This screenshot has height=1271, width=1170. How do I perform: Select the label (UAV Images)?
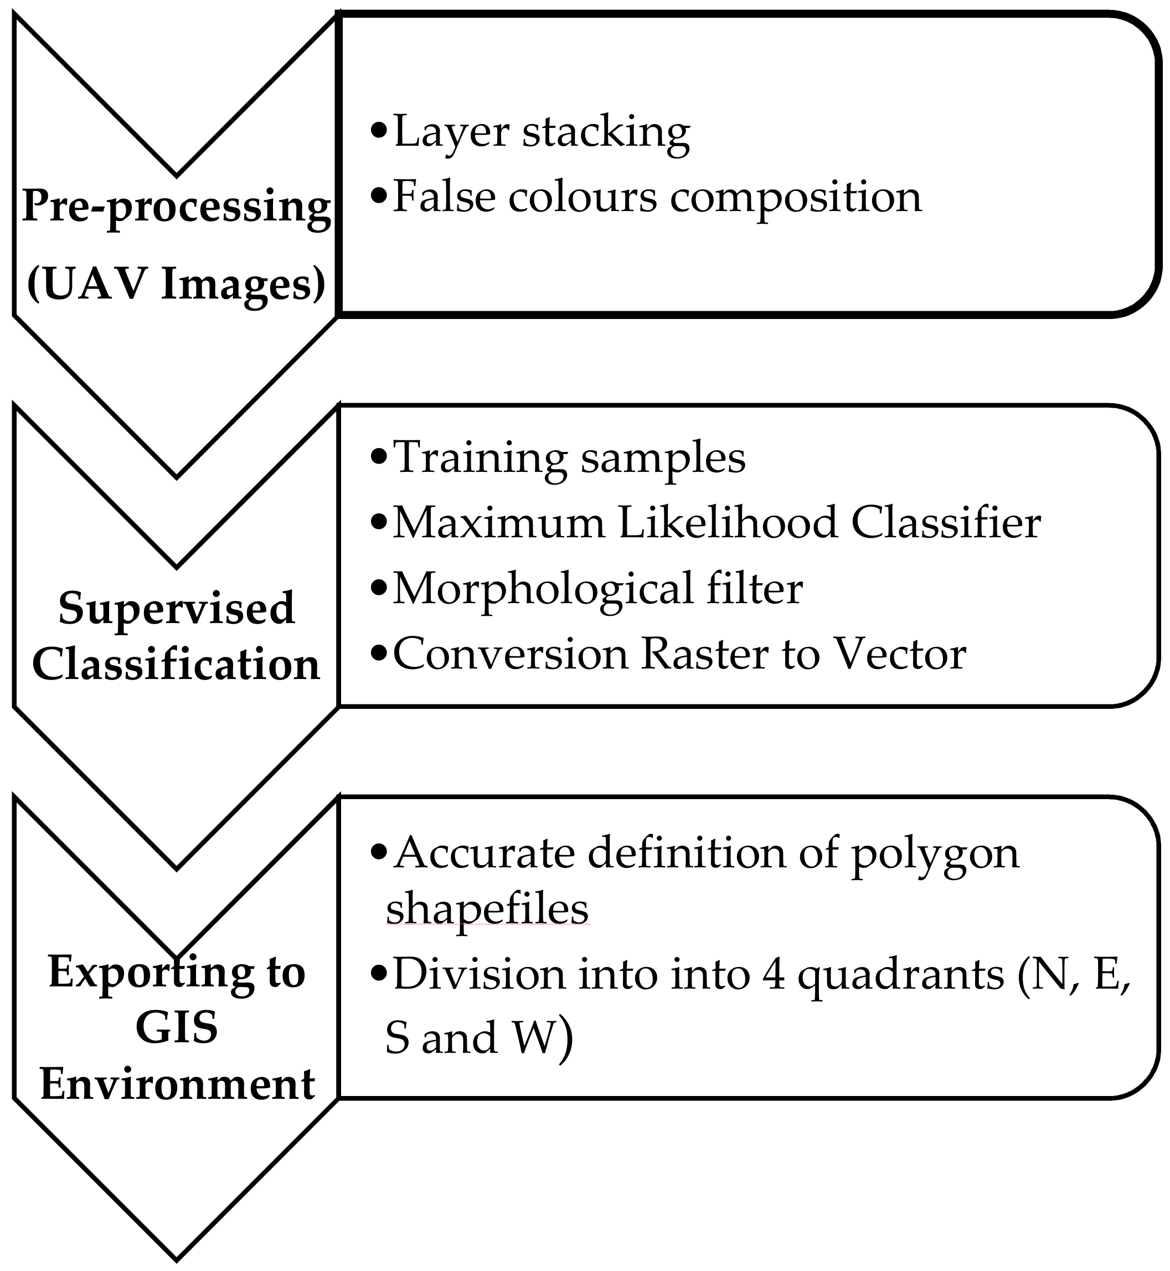pyautogui.click(x=176, y=284)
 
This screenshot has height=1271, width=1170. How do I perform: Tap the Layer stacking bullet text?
pyautogui.click(x=542, y=132)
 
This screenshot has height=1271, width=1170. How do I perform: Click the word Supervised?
pyautogui.click(x=177, y=609)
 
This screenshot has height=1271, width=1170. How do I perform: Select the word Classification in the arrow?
pyautogui.click(x=177, y=665)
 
